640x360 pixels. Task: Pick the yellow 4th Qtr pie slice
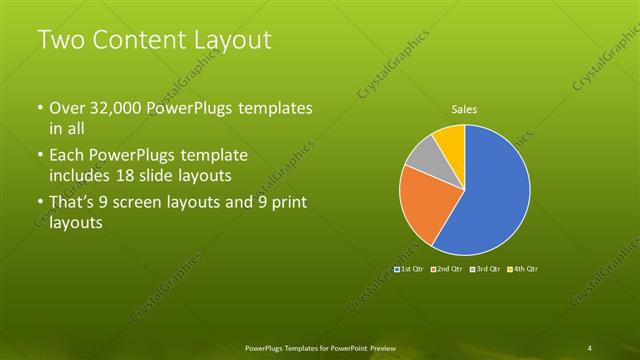tap(452, 141)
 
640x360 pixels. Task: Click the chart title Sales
tap(463, 109)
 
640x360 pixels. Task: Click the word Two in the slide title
tap(60, 41)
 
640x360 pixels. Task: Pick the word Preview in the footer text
tap(381, 347)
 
